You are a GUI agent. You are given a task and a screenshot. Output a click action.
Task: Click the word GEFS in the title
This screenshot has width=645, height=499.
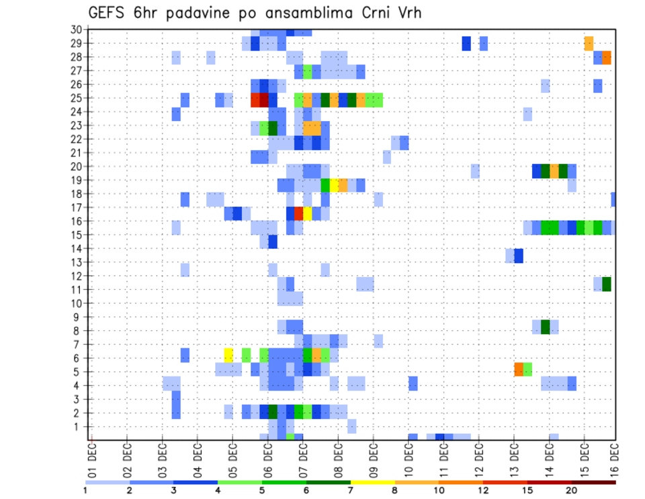pos(107,13)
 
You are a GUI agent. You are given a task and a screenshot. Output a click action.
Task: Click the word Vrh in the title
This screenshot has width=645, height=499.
pos(407,13)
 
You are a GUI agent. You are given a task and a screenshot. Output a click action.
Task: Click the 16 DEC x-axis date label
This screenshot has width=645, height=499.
pos(615,457)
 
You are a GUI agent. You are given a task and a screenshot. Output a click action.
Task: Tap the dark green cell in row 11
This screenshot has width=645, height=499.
pos(607,284)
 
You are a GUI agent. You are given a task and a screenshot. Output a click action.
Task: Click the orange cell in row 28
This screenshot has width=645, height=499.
pos(607,58)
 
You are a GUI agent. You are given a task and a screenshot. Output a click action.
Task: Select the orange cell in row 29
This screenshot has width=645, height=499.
pos(589,43)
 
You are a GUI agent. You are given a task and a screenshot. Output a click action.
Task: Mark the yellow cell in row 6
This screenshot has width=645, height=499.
pos(228,354)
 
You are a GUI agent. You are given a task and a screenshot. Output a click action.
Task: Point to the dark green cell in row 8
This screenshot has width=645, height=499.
pos(545,327)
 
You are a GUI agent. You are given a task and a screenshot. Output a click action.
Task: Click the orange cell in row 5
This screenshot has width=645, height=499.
pos(519,369)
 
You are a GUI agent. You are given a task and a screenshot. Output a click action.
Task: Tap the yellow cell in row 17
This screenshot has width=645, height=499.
pos(307,213)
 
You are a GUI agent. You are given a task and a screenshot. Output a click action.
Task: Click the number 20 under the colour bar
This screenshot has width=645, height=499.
pos(572,490)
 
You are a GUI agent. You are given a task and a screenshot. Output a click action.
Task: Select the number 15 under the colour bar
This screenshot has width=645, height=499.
pos(527,490)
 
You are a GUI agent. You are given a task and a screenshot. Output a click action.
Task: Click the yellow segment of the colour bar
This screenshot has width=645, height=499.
pos(373,482)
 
